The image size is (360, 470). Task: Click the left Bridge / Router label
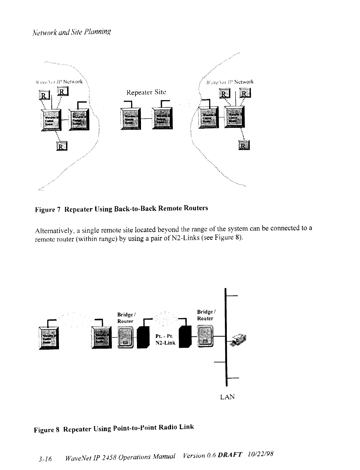(x=125, y=317)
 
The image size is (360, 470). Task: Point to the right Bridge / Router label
(x=205, y=315)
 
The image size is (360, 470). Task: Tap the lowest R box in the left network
(x=62, y=146)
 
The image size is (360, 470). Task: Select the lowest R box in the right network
(x=244, y=146)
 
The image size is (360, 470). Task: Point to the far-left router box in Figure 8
(x=48, y=338)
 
